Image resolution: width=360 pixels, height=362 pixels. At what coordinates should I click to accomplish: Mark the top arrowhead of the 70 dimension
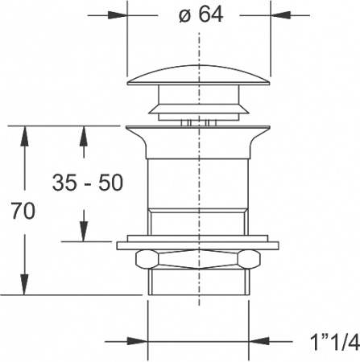(x=27, y=133)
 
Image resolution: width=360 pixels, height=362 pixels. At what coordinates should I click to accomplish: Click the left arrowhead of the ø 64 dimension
(x=119, y=14)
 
